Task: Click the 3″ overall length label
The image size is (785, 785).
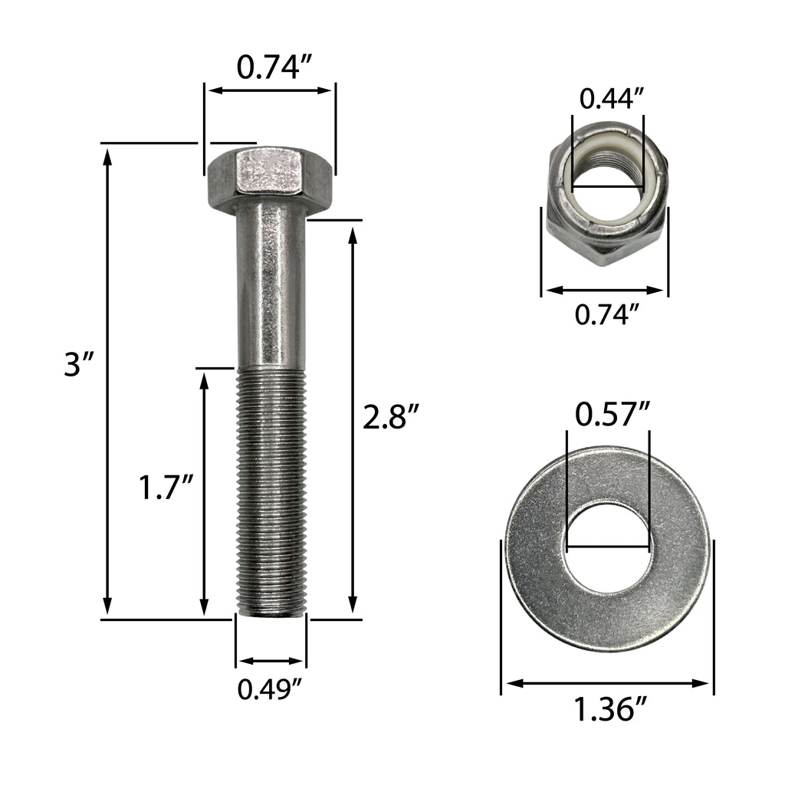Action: pyautogui.click(x=78, y=365)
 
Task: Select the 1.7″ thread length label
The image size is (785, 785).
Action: pyautogui.click(x=165, y=488)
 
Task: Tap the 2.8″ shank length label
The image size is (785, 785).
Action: pyautogui.click(x=391, y=419)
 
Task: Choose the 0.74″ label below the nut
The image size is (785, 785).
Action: pyautogui.click(x=607, y=314)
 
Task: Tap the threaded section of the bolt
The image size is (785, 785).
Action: pyautogui.click(x=271, y=491)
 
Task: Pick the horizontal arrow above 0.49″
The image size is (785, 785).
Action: pyautogui.click(x=271, y=661)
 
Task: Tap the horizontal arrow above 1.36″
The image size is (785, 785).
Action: pyautogui.click(x=607, y=682)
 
